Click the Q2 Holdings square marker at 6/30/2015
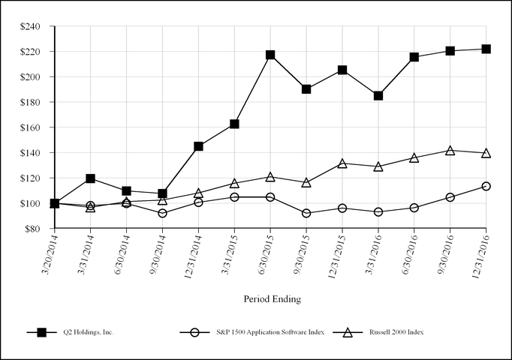tap(270, 55)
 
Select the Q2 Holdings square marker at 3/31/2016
tap(378, 96)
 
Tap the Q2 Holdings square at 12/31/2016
tap(486, 49)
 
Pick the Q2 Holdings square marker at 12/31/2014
tap(198, 146)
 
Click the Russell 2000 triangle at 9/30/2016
tap(450, 151)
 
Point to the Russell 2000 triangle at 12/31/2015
tap(342, 163)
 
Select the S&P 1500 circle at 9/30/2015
tap(306, 213)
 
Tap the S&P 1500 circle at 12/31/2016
tap(486, 186)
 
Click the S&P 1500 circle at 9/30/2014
tap(162, 213)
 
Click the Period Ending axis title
tap(272, 298)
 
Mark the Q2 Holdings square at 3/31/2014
tap(90, 178)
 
